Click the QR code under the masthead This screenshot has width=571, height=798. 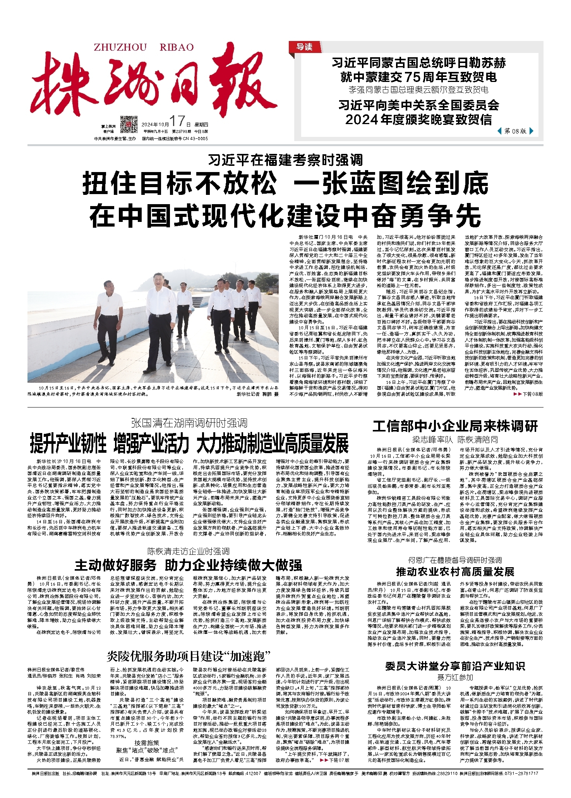pos(129,124)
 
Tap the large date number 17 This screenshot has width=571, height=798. pos(177,121)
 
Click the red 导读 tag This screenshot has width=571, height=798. pos(304,47)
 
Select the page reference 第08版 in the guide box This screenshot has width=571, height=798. pos(515,131)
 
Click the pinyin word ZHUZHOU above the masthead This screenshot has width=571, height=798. pos(120,48)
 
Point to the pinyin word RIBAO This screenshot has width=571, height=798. pos(177,48)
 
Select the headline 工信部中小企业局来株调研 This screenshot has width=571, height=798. pos(455,426)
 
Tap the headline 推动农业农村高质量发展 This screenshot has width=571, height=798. pos(455,572)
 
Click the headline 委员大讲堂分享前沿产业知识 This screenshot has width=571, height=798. pos(455,666)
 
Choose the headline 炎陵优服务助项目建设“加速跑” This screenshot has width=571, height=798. pos(189,656)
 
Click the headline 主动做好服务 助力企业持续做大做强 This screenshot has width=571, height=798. pos(188,565)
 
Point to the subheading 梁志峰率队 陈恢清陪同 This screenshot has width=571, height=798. pos(455,440)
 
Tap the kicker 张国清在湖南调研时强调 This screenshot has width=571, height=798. pos(189,423)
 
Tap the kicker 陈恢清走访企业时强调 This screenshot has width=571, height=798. pos(188,551)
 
